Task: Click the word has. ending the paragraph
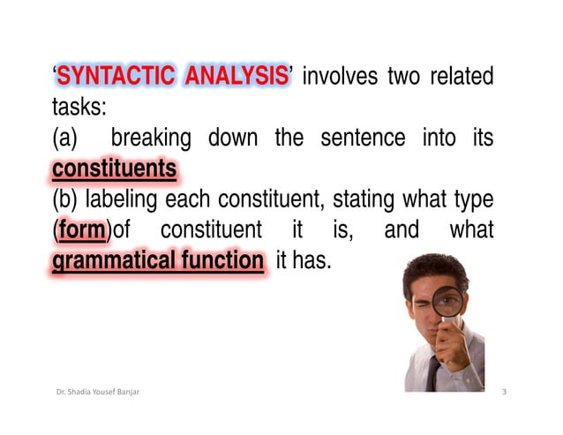[312, 261]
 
